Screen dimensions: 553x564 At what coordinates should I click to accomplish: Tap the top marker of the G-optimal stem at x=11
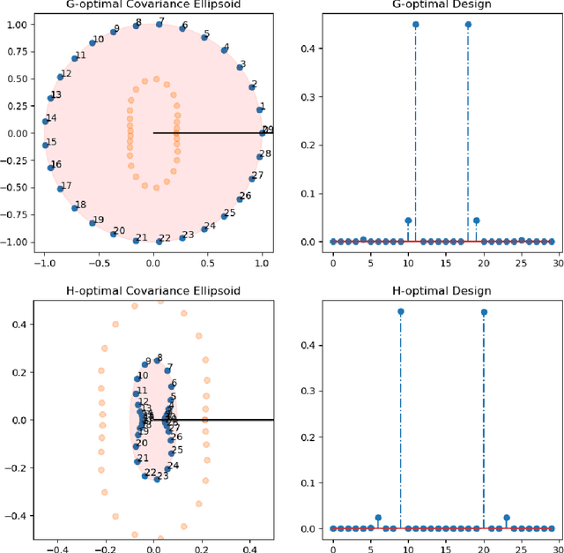(x=415, y=25)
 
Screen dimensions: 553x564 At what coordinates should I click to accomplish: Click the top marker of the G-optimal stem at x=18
(x=468, y=25)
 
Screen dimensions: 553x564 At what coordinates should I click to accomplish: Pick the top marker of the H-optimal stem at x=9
(x=400, y=311)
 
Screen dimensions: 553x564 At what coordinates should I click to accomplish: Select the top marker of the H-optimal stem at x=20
(x=483, y=311)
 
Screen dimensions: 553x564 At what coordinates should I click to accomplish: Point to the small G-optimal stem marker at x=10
(x=408, y=220)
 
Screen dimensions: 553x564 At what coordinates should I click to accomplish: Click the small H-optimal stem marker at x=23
(x=506, y=518)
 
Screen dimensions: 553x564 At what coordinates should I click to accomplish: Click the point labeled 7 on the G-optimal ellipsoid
(x=159, y=25)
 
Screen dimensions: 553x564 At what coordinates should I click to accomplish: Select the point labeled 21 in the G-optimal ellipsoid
(x=137, y=239)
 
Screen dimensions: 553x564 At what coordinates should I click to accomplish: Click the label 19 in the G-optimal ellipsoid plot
(x=98, y=220)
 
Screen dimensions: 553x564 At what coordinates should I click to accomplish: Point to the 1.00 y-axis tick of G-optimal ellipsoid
(x=19, y=25)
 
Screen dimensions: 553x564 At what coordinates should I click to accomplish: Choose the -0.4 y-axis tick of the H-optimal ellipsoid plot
(x=17, y=515)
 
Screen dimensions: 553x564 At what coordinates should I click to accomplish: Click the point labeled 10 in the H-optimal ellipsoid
(x=137, y=378)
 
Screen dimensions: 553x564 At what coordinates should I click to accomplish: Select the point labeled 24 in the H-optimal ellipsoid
(x=166, y=468)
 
